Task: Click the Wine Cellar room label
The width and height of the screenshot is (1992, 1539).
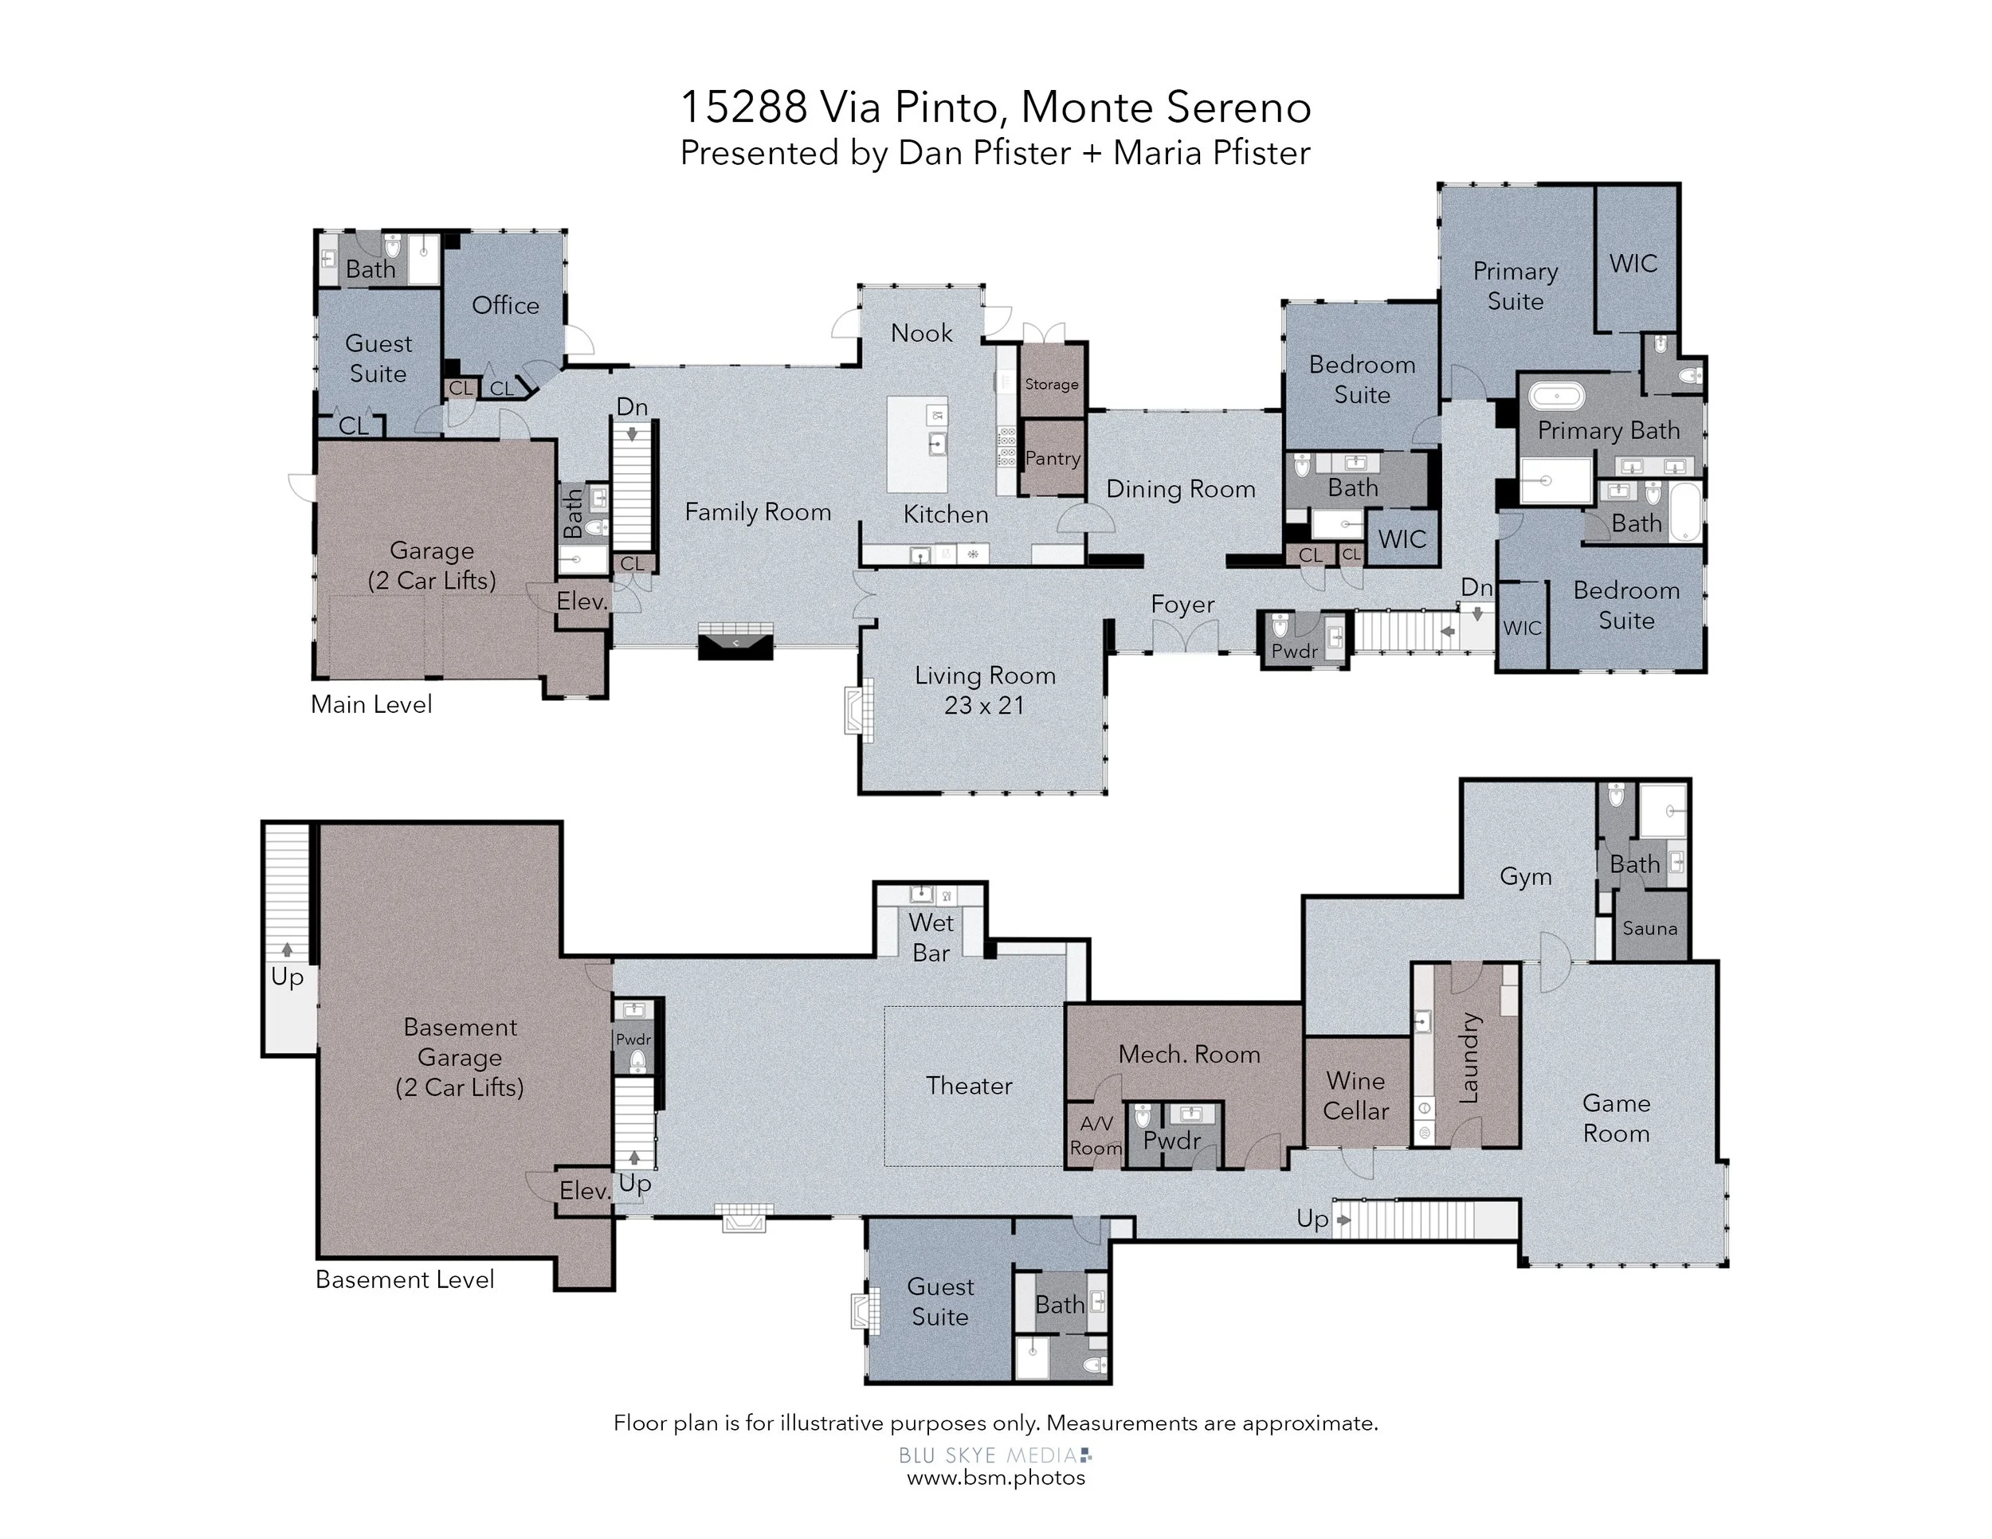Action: point(1355,1096)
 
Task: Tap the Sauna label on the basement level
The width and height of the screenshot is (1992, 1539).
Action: point(1650,928)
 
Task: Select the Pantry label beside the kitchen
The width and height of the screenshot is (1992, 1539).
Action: point(1053,458)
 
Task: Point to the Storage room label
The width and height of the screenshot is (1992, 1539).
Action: point(1052,384)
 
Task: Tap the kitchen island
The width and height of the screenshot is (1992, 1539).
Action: point(918,444)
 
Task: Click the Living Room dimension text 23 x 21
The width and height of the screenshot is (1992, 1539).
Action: point(984,705)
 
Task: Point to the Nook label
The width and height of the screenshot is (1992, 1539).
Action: point(921,333)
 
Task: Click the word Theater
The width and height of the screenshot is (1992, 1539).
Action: point(969,1085)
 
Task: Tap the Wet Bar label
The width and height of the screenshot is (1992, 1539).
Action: point(931,938)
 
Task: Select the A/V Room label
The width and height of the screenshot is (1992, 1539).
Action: point(1096,1136)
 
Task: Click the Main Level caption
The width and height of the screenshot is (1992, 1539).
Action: point(371,704)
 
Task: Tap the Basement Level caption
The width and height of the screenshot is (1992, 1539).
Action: point(405,1279)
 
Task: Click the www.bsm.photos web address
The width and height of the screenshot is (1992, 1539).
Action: point(996,1477)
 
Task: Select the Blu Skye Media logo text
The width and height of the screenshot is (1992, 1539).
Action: point(995,1455)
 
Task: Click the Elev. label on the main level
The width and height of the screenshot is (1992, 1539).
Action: point(582,601)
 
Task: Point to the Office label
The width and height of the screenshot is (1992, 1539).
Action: point(505,304)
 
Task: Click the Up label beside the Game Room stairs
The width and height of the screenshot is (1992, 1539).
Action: point(1312,1219)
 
